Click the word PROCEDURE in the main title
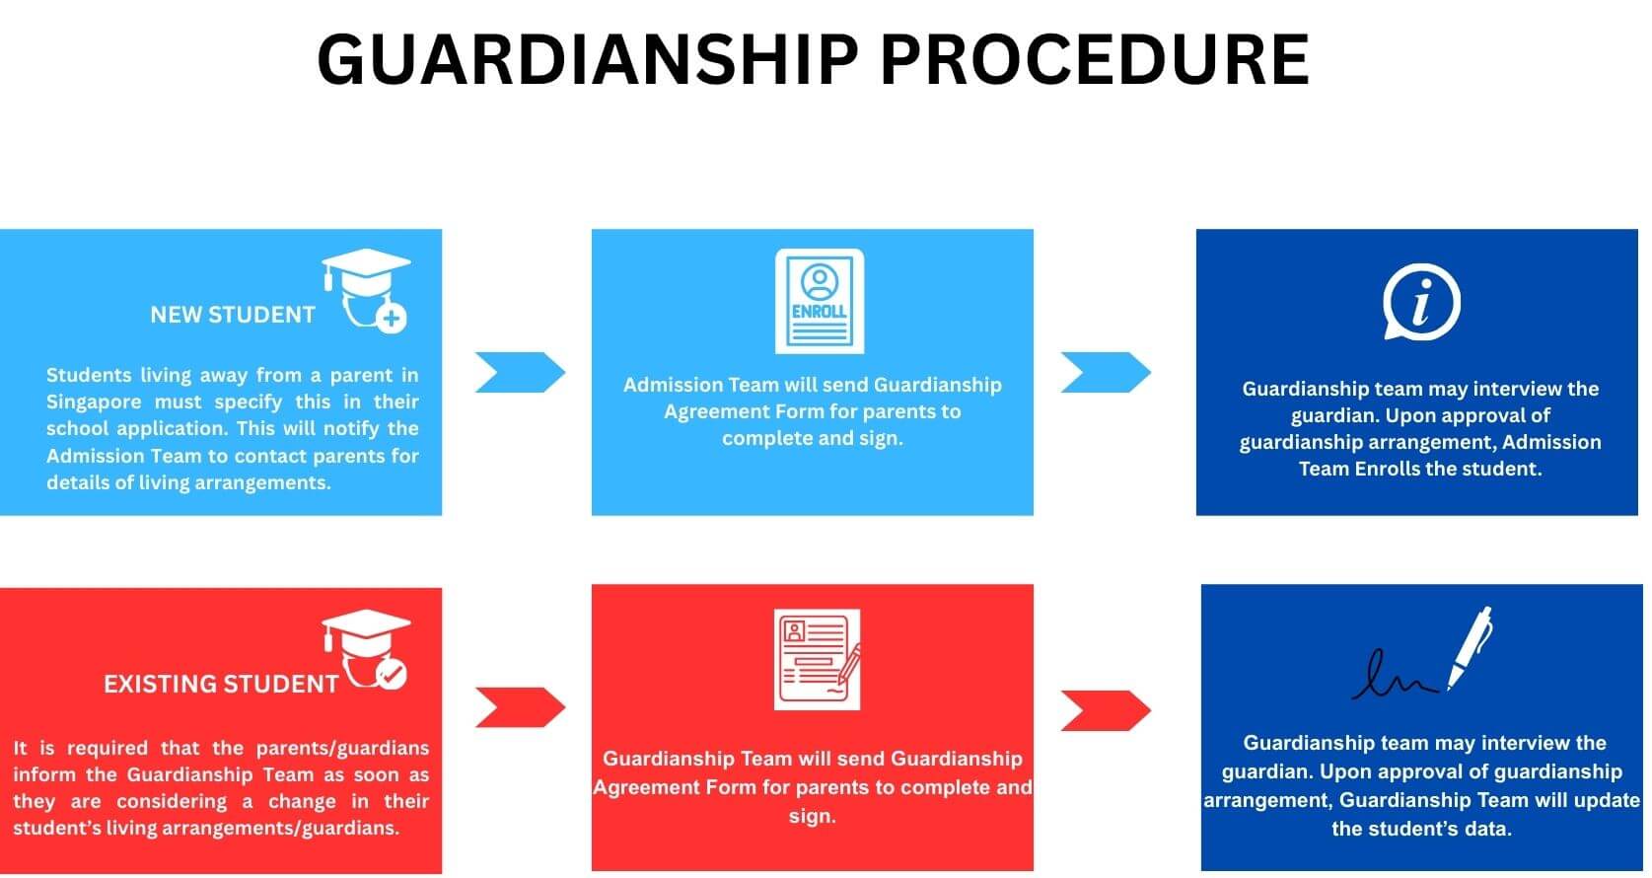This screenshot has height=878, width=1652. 1094,59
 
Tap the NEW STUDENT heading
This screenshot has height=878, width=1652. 232,315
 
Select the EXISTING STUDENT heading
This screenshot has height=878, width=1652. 221,684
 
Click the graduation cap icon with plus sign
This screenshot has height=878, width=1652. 366,288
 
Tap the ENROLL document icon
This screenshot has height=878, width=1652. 819,301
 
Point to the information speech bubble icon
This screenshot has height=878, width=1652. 1420,302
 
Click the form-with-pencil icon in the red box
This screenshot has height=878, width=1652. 817,659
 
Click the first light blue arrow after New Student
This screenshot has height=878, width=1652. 520,372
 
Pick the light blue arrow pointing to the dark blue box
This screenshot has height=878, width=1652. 1106,372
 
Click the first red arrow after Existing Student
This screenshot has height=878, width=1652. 520,707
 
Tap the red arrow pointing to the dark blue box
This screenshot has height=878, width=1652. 1106,710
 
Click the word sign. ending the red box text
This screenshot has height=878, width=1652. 812,816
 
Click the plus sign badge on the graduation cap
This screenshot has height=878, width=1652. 392,318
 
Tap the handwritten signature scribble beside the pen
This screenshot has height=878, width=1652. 1394,676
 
